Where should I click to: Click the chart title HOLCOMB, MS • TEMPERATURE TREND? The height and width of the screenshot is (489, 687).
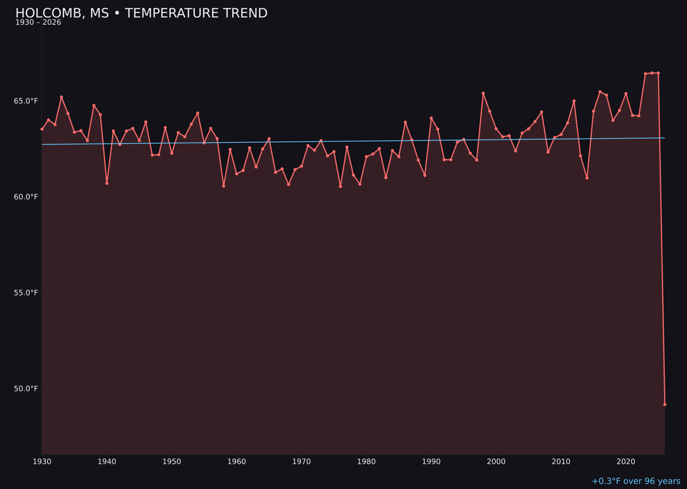click(x=141, y=13)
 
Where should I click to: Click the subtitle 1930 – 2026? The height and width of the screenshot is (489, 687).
click(x=38, y=23)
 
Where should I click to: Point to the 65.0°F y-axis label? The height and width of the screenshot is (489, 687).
click(x=27, y=101)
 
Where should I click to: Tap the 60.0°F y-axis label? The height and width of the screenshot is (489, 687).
click(x=27, y=197)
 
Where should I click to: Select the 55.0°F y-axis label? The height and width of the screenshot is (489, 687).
click(x=27, y=293)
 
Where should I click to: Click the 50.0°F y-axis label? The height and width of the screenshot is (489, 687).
click(x=27, y=389)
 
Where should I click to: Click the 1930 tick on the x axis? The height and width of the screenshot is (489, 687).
click(x=42, y=462)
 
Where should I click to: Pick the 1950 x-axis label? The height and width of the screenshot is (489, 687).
click(x=172, y=462)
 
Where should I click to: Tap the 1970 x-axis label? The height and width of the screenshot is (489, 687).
click(x=302, y=462)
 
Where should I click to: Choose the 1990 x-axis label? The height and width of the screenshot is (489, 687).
click(x=431, y=462)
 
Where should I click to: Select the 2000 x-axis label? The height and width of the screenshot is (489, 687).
click(x=496, y=462)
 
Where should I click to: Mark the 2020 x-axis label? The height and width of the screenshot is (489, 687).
click(x=626, y=462)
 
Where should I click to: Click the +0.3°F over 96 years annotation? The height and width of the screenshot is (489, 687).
click(x=635, y=481)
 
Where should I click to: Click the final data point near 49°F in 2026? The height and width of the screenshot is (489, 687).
click(x=665, y=404)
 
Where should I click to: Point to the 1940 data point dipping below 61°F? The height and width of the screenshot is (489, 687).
click(x=107, y=183)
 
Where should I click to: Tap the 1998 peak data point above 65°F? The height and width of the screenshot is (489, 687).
click(x=483, y=94)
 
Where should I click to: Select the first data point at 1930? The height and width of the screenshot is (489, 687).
click(x=42, y=129)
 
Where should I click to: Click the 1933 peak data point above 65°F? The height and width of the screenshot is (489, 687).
click(x=61, y=97)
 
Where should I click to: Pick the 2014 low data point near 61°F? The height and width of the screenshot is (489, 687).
click(x=586, y=178)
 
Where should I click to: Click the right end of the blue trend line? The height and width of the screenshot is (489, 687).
click(x=664, y=138)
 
